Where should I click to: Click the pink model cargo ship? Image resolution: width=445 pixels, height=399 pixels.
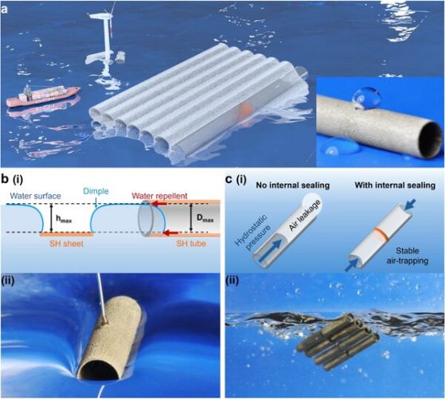tap(43, 96)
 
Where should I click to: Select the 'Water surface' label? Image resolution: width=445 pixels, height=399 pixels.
tap(36, 196)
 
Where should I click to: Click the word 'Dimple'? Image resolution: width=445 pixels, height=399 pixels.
tap(96, 191)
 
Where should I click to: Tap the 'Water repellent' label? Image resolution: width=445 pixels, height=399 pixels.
tap(159, 196)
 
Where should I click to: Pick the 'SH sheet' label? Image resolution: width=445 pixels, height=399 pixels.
tap(66, 244)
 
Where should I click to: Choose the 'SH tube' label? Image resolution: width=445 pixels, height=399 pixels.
tap(191, 244)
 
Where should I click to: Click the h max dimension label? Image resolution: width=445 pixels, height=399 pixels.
tap(64, 219)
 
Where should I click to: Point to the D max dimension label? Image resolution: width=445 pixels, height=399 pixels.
tap(205, 219)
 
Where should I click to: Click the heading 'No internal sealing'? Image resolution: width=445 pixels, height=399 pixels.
tap(293, 186)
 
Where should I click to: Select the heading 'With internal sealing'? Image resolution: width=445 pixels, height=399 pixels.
tap(395, 186)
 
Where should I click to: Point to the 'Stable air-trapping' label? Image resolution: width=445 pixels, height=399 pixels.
tap(408, 256)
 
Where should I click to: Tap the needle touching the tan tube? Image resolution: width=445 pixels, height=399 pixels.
tap(102, 299)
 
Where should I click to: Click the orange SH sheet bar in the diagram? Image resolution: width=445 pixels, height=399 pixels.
tap(66, 234)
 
